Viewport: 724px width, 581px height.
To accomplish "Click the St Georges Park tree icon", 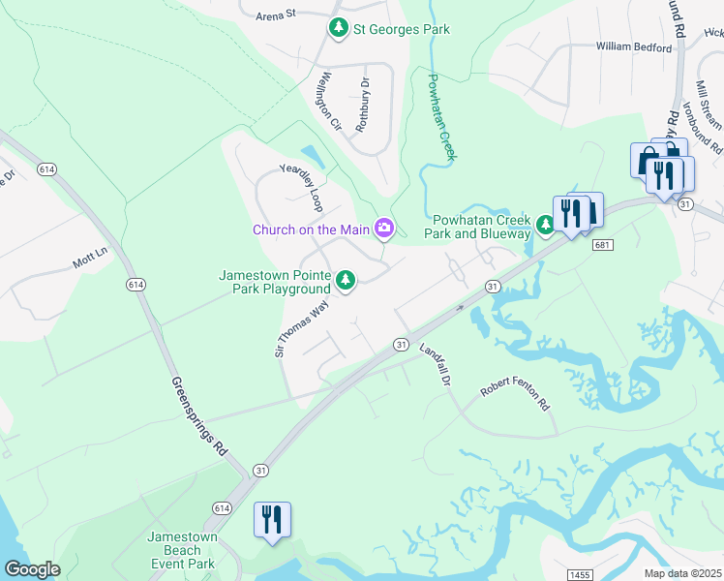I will coord(338,29).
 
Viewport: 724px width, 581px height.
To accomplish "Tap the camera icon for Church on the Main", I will coord(384,229).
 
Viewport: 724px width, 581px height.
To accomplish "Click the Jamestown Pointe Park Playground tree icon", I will coord(346,282).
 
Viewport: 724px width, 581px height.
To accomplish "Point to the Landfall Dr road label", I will coord(435,365).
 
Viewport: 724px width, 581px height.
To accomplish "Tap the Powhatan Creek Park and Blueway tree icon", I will coord(545,226).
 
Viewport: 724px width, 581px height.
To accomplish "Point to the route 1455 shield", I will coord(579,574).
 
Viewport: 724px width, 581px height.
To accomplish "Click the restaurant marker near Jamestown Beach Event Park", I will coord(272,519).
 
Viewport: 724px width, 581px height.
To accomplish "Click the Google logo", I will coord(32,569).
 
